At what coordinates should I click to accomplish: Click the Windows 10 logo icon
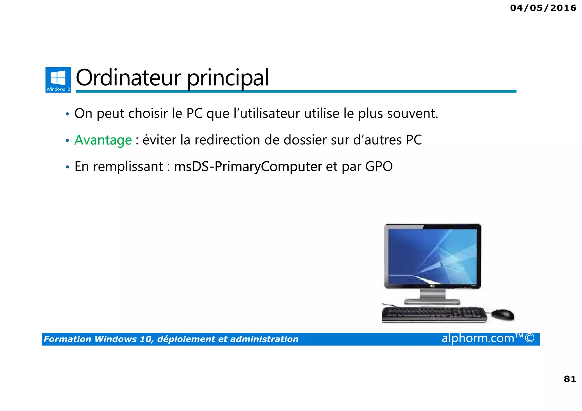[x=58, y=80]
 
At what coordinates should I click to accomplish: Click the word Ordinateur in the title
[x=128, y=78]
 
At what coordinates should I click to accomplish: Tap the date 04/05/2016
[x=543, y=8]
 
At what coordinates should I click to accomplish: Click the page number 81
[x=570, y=379]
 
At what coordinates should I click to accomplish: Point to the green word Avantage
[x=103, y=140]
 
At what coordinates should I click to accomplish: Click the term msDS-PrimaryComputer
[x=248, y=166]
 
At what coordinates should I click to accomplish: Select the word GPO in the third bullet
[x=379, y=166]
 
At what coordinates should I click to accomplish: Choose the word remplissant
[x=128, y=167]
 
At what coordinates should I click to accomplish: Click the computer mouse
[x=502, y=314]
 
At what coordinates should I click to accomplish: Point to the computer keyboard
[x=434, y=315]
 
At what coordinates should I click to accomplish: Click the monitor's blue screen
[x=432, y=256]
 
